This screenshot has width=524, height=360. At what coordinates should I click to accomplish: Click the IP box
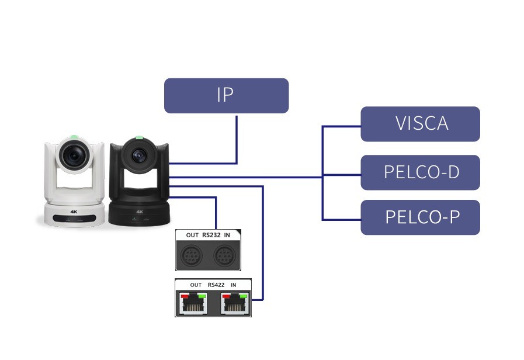tap(226, 95)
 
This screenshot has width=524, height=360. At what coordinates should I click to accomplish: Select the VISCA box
tap(420, 124)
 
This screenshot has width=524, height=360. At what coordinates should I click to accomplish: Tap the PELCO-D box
tap(420, 172)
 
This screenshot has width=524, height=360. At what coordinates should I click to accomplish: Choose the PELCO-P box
tap(420, 217)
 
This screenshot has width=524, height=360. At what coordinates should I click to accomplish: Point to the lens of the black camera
tap(139, 155)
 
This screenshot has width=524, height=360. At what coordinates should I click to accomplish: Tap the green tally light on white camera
tap(74, 138)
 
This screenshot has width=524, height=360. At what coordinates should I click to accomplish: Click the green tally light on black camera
tap(139, 139)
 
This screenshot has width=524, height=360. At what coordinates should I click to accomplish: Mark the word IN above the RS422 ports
tap(234, 285)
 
